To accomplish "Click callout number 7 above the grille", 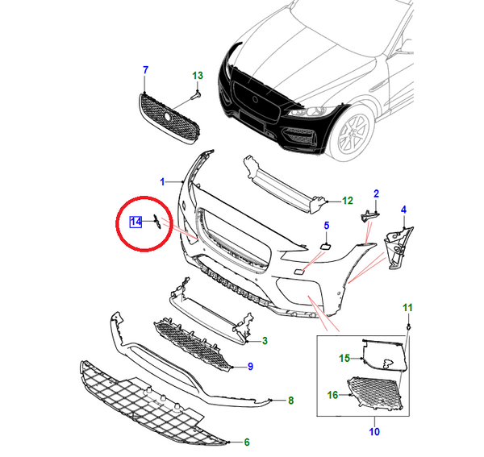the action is click(x=145, y=70).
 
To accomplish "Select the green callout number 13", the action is click(x=198, y=76).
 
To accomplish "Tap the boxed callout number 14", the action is click(x=136, y=222).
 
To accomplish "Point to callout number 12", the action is click(x=347, y=201).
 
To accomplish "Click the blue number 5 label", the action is click(x=327, y=226).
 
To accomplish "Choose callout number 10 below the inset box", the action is click(x=374, y=432).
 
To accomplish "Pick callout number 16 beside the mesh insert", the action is click(x=332, y=395).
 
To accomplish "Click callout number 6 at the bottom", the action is click(x=247, y=442).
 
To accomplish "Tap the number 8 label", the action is click(x=290, y=401).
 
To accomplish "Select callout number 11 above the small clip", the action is click(x=407, y=308).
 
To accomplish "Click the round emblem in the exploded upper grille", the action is click(x=168, y=116).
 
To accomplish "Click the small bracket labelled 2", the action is click(x=369, y=215).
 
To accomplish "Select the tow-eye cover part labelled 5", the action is click(x=325, y=246).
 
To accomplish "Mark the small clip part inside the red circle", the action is click(x=156, y=222).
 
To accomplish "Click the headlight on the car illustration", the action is click(x=311, y=111).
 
